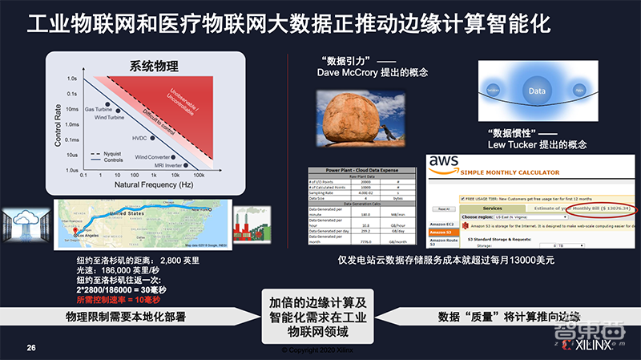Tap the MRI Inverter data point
point(183,165)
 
